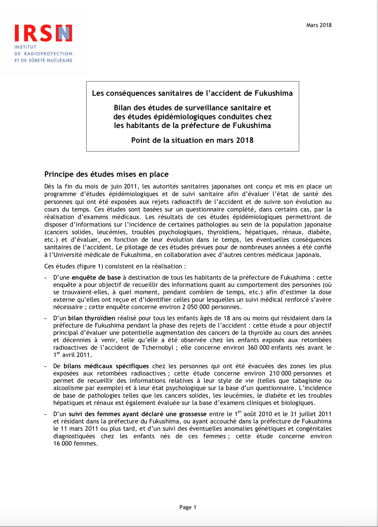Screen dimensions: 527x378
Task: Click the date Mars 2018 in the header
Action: point(319,25)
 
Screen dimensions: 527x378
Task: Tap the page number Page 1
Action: point(188,507)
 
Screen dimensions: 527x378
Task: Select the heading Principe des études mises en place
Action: point(106,174)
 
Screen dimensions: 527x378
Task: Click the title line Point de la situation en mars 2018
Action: point(192,140)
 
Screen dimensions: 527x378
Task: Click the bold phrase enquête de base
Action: point(96,278)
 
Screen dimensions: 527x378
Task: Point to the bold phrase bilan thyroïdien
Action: point(91,318)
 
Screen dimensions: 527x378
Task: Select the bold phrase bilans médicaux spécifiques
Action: point(106,366)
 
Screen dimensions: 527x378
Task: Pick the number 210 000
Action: point(280,373)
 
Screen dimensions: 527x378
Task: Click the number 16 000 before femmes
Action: point(63,443)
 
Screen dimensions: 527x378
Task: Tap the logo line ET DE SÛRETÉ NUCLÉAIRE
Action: point(43,60)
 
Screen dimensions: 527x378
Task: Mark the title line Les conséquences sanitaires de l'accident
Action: point(192,93)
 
